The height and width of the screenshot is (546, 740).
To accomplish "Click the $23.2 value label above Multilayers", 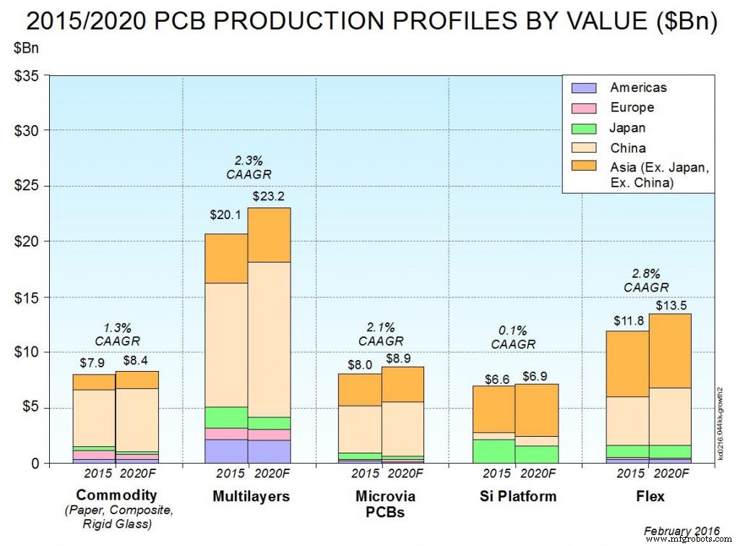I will (x=269, y=196).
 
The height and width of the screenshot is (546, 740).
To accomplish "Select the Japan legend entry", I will (x=627, y=128).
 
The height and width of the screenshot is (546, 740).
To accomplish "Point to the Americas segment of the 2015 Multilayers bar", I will (x=226, y=451).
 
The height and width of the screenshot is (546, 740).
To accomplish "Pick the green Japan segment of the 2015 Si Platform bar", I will (x=494, y=451).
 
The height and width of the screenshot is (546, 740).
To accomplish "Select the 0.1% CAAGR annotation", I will (x=514, y=338).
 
